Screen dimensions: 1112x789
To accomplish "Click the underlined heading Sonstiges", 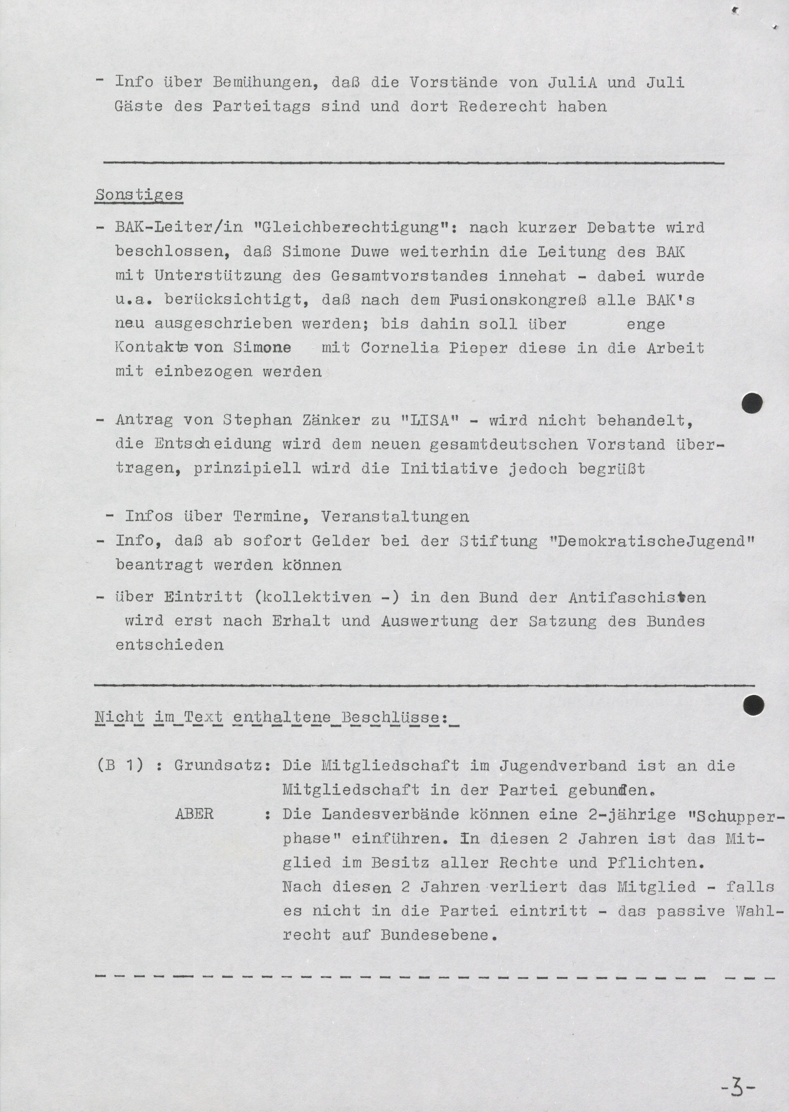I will click(x=139, y=195).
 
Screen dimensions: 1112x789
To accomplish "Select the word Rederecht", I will click(x=502, y=106).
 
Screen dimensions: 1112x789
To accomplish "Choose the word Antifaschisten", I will click(x=637, y=598).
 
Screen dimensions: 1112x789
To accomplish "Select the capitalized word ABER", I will click(x=194, y=814).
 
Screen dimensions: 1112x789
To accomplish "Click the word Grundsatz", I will click(x=222, y=766).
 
